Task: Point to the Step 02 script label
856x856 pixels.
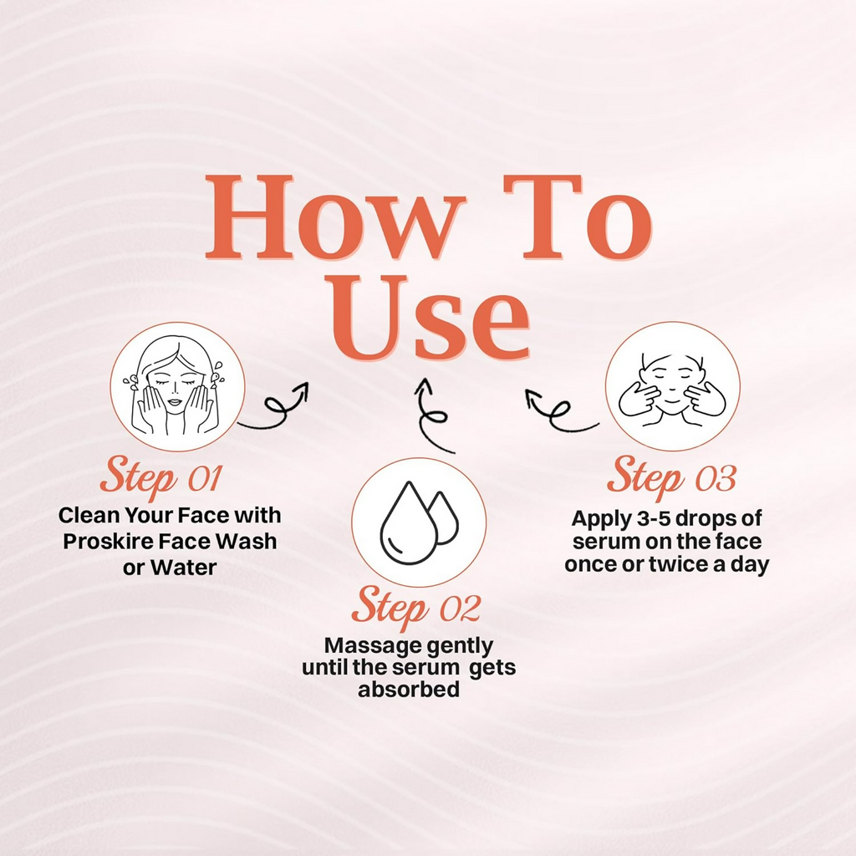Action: (416, 606)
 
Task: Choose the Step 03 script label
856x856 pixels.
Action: (671, 476)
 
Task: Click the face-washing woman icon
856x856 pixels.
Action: (176, 386)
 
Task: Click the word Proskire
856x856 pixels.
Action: (108, 542)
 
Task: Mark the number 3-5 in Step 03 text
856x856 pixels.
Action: (650, 518)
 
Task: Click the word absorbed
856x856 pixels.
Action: (408, 689)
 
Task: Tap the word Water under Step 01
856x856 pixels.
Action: (183, 568)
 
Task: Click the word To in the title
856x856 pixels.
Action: (578, 217)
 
